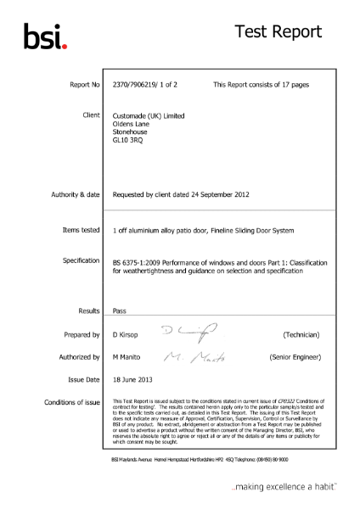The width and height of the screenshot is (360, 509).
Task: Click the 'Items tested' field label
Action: pyautogui.click(x=82, y=229)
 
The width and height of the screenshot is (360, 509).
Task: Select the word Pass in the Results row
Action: pyautogui.click(x=120, y=313)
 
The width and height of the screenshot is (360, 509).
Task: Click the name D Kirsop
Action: pyautogui.click(x=128, y=335)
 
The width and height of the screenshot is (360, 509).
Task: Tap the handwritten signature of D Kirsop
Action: pyautogui.click(x=186, y=333)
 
